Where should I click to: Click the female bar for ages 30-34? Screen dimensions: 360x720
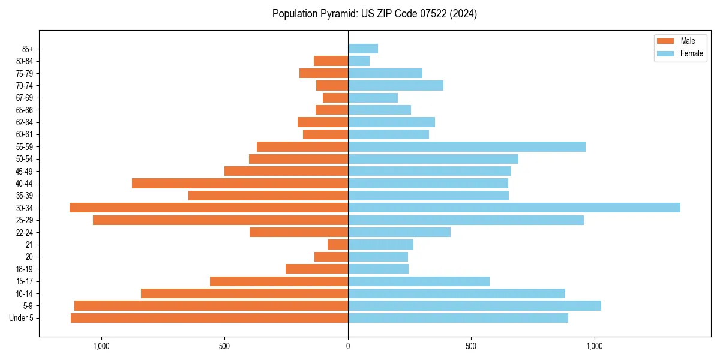coord(514,208)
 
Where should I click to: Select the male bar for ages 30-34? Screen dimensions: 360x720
coord(209,208)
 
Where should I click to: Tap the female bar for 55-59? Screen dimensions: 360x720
coord(466,147)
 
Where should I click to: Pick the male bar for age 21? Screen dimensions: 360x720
coord(338,245)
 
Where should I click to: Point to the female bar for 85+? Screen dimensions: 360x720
coord(362,49)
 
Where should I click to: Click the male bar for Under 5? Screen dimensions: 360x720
coord(209,318)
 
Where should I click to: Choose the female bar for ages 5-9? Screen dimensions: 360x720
coord(474,306)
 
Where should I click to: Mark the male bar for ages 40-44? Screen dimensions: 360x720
coord(240,184)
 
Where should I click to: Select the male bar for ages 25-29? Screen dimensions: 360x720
coord(220,220)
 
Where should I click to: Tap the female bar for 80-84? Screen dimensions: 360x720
coord(359,61)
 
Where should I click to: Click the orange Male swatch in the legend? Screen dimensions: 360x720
coord(665,41)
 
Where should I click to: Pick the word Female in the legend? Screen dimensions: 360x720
coord(691,53)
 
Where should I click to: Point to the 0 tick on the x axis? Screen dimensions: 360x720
coord(348,346)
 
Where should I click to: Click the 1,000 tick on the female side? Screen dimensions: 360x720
coord(595,346)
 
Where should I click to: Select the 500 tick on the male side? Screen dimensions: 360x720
coord(224,346)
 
